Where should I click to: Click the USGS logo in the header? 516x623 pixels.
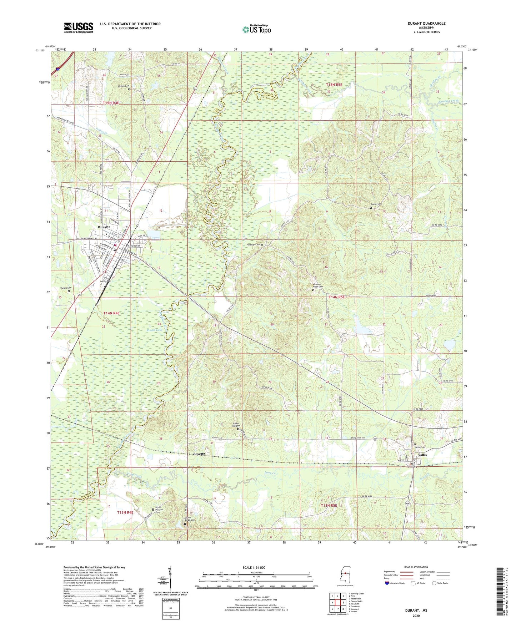click(x=79, y=27)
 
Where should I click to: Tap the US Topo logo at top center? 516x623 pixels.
click(x=256, y=29)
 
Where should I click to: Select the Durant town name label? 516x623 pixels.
click(x=104, y=227)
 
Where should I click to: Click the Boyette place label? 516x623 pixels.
click(x=199, y=454)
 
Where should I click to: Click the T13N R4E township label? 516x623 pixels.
click(x=125, y=512)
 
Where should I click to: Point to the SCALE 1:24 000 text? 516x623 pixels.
click(x=254, y=567)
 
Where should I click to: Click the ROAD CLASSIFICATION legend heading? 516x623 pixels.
click(x=416, y=567)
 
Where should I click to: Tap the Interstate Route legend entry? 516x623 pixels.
click(x=397, y=583)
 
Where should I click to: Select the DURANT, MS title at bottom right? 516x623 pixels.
click(x=416, y=611)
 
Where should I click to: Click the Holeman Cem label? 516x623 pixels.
click(x=252, y=244)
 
